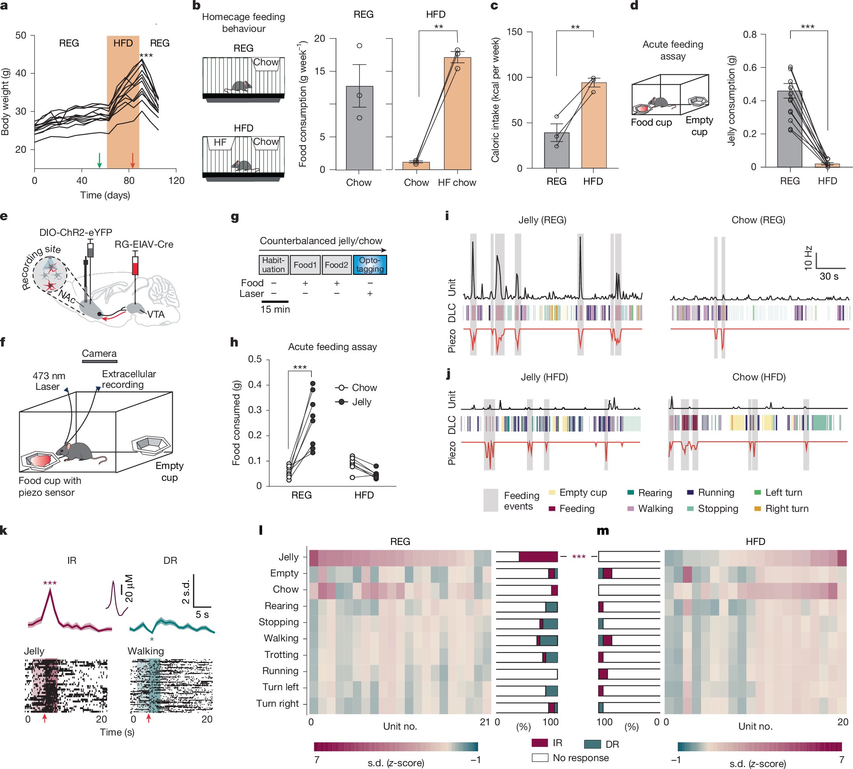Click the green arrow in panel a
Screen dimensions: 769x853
point(99,160)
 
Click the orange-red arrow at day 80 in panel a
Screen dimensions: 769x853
point(132,160)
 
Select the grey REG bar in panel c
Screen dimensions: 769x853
point(556,150)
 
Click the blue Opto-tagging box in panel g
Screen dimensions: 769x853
point(370,265)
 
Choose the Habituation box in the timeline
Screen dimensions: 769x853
point(273,265)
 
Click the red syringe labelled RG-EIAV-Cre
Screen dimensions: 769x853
point(135,266)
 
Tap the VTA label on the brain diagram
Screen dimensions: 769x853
point(156,314)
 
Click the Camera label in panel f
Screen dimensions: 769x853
point(99,353)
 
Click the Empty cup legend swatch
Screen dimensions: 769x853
point(552,492)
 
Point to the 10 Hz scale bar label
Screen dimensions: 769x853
point(808,258)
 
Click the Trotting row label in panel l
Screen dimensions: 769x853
point(281,654)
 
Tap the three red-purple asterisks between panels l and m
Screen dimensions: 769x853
point(579,557)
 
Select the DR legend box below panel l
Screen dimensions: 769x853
point(592,744)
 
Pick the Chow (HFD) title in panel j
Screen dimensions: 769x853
point(759,377)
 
